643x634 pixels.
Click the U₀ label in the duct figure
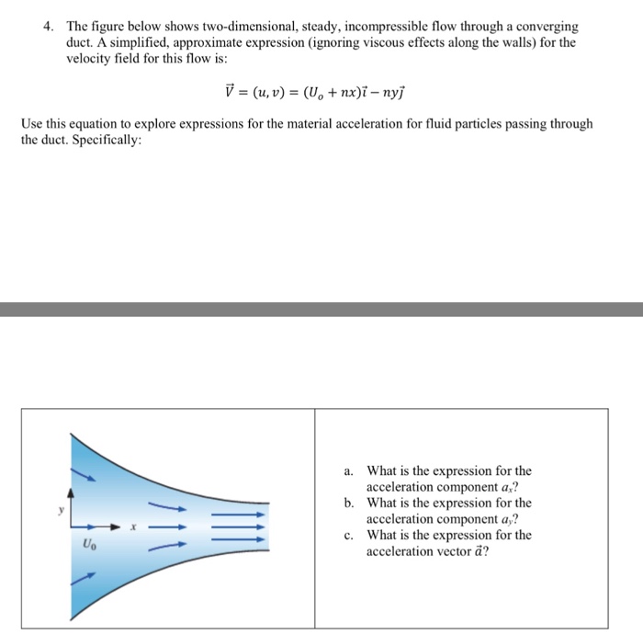click(88, 542)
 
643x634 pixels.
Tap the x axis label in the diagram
click(132, 526)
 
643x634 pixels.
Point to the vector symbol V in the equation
click(231, 89)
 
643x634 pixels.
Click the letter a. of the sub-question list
click(350, 471)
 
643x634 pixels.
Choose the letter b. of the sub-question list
click(350, 504)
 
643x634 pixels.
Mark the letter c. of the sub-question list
click(350, 536)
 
